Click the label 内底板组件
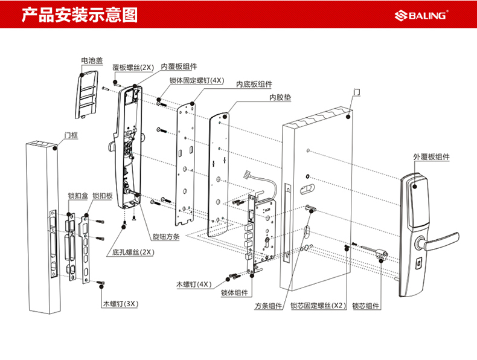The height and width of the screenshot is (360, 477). pos(254,84)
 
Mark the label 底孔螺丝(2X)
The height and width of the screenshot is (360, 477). pos(133,252)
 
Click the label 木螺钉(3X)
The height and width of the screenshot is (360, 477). pos(120,305)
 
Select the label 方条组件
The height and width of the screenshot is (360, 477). pos(268,306)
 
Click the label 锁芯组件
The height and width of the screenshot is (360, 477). pos(366,306)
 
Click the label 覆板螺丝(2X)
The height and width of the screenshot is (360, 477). pos(134,68)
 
